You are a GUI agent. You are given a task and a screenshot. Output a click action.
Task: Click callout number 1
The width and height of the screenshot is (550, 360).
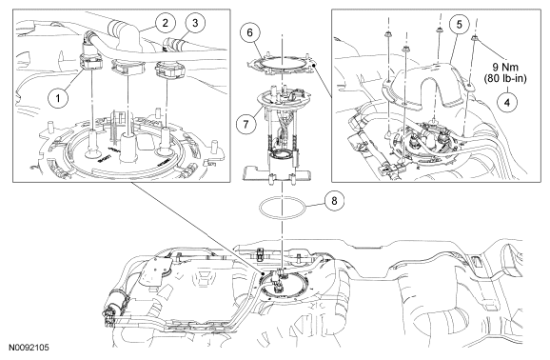(x=58, y=98)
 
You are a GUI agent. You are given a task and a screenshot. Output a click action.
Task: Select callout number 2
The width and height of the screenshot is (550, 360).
(x=165, y=23)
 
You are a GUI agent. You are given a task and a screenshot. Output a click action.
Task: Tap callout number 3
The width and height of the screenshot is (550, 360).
(x=195, y=23)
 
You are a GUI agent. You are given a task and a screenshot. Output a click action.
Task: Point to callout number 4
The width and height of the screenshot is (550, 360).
(x=507, y=102)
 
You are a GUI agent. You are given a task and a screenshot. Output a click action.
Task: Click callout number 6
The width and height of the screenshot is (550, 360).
(x=249, y=32)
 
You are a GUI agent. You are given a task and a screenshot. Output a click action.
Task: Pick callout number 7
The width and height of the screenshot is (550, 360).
(x=246, y=124)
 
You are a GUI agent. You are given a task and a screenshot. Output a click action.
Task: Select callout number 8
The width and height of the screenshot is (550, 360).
(x=334, y=201)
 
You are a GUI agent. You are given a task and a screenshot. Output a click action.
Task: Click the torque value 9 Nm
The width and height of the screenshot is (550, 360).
(x=505, y=67)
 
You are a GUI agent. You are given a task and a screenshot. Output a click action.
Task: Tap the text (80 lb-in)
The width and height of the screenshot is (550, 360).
(x=505, y=79)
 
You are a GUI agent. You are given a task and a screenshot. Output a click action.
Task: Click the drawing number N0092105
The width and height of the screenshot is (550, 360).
(x=29, y=348)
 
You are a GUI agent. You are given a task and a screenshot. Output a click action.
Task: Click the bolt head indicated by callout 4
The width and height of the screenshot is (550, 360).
(x=475, y=37)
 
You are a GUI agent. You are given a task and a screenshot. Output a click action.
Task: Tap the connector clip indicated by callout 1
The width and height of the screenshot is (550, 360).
(x=90, y=62)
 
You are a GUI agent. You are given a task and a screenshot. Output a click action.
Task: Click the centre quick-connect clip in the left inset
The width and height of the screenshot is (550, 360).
(x=128, y=67)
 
